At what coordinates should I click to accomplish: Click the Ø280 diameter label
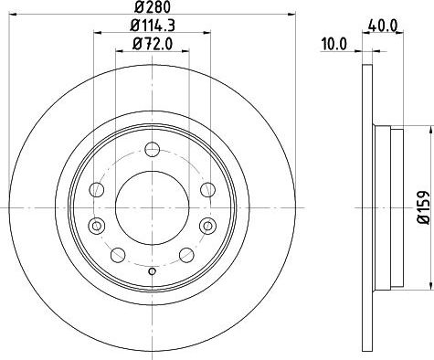153,6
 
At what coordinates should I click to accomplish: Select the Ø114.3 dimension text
153,26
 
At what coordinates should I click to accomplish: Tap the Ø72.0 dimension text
153,44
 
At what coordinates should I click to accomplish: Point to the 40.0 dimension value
383,26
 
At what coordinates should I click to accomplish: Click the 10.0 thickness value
334,45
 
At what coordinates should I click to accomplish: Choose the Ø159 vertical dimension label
423,207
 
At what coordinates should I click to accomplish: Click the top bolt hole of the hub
153,150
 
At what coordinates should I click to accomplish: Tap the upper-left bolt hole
97,189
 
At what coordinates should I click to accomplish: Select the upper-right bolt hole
207,189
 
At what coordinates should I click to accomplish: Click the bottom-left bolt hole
118,255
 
